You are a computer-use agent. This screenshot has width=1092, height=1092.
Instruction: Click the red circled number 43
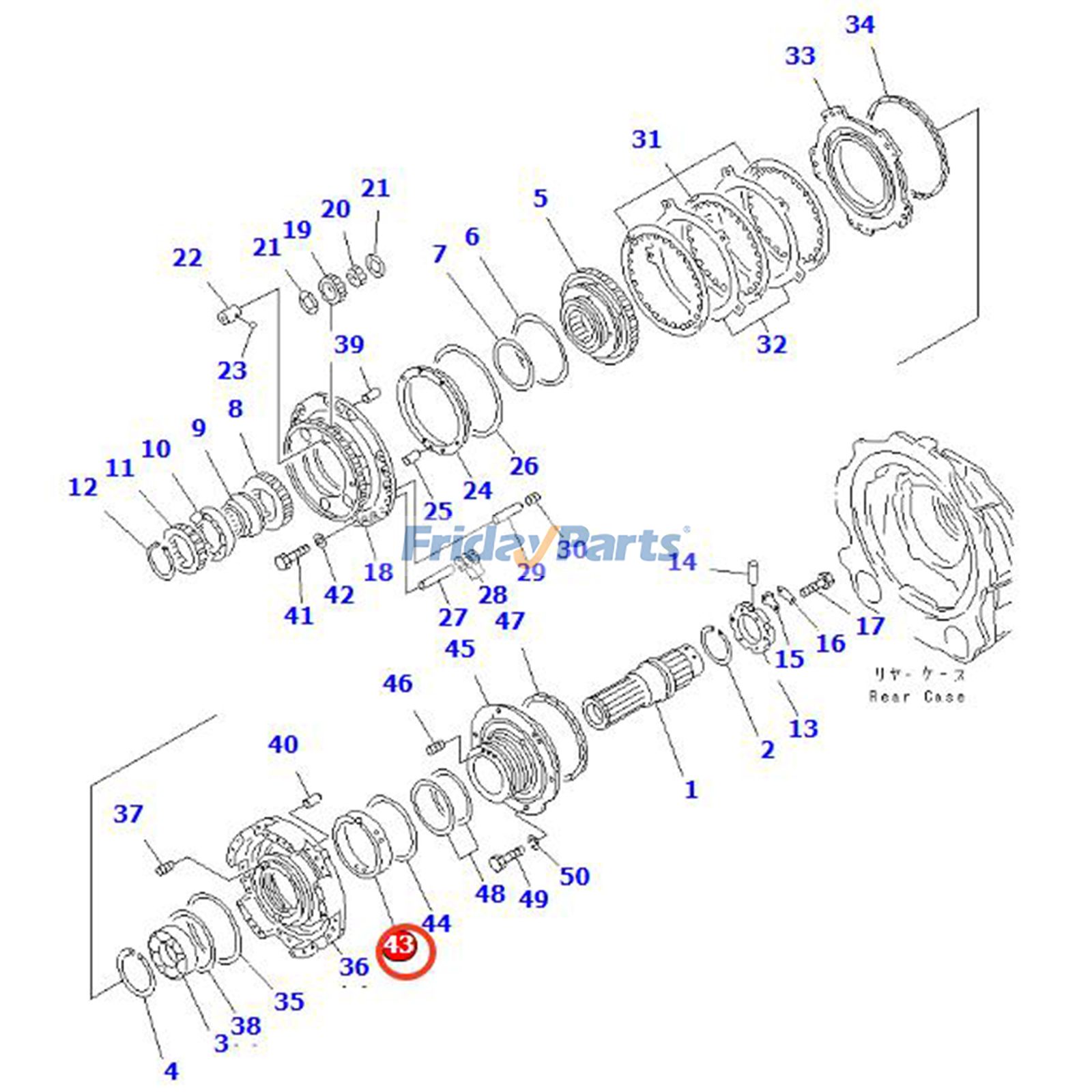point(399,946)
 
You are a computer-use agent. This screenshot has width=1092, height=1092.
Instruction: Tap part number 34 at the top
point(859,25)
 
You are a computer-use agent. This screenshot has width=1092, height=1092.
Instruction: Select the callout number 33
point(800,55)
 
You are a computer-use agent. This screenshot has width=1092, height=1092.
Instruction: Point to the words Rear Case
point(917,697)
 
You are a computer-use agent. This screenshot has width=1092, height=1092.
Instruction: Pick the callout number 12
point(83,487)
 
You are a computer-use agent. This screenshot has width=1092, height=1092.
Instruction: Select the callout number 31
point(646,139)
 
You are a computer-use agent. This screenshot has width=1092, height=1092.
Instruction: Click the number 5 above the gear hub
point(540,199)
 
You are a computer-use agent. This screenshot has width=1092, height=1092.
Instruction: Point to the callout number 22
point(187,258)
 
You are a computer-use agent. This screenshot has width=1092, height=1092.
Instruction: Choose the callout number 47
point(510,621)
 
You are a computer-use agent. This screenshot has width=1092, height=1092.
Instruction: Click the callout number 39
point(349,344)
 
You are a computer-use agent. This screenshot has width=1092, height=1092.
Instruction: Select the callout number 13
point(803,728)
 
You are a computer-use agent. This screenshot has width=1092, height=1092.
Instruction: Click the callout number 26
point(523,466)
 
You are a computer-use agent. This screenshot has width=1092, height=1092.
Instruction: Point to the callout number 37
point(128,814)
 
